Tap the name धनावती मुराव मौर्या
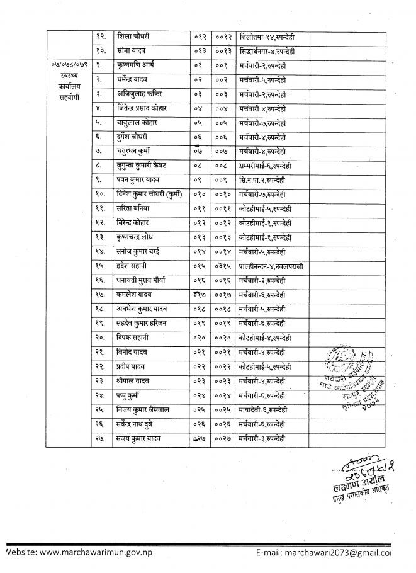pyautogui.click(x=145, y=280)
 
